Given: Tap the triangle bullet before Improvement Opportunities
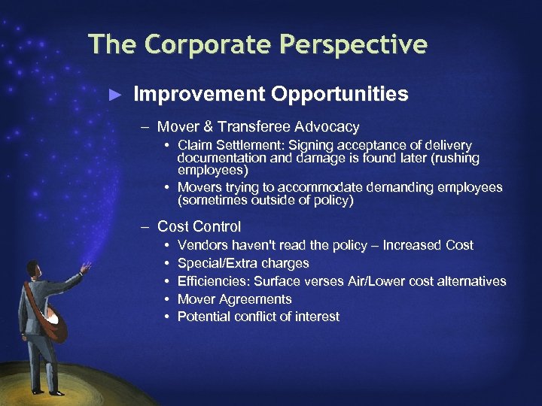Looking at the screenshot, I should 114,95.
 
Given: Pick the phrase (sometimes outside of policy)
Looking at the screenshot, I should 264,201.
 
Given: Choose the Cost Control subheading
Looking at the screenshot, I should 199,226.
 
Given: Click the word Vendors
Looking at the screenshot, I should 201,245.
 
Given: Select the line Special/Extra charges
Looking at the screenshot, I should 243,263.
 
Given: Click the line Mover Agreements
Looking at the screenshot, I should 234,299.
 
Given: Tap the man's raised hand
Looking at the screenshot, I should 87,267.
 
